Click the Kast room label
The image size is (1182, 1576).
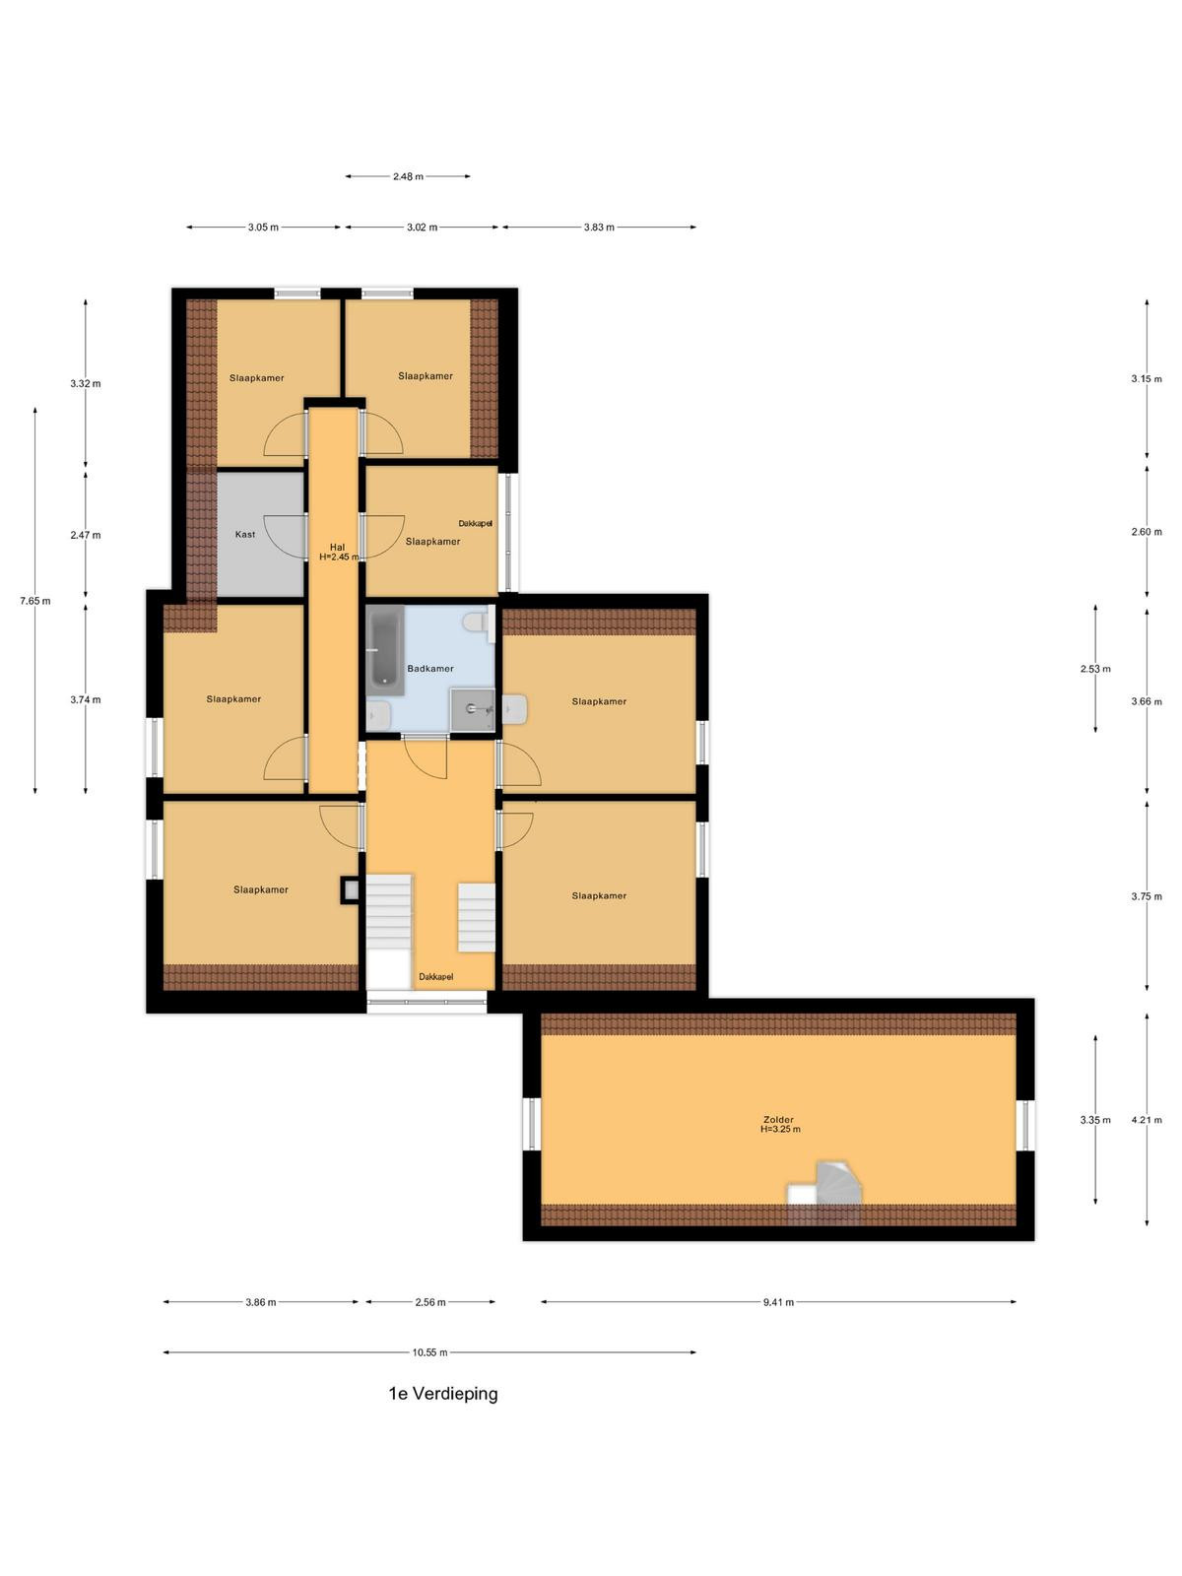tap(244, 534)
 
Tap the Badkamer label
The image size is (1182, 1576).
tap(429, 669)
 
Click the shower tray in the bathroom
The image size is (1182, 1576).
tap(472, 709)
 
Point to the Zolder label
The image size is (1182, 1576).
tap(778, 1119)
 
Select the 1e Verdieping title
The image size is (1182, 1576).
tap(443, 1394)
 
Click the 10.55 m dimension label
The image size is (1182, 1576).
tap(429, 1352)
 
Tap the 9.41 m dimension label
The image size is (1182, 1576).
tap(778, 1302)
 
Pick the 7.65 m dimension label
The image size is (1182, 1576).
tap(35, 601)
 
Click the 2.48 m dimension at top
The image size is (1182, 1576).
tap(408, 176)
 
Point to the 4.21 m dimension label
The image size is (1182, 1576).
tap(1147, 1119)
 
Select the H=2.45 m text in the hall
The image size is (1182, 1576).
tap(339, 557)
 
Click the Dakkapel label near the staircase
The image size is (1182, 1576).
tap(435, 976)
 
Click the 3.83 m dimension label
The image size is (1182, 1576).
tap(599, 227)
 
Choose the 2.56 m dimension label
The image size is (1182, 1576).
tap(429, 1302)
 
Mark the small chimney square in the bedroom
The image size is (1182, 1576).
tap(350, 890)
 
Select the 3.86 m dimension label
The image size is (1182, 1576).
tap(260, 1302)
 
